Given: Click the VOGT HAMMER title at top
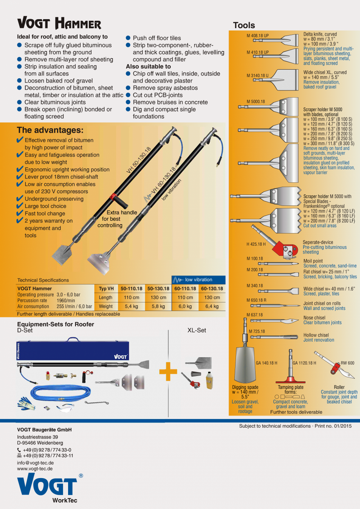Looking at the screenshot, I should point(59,23).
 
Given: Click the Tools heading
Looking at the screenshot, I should point(244,25).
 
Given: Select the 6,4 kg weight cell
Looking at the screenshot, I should point(212,306).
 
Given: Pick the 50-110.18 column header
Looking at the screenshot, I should point(131,289).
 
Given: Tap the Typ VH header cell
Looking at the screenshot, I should point(106,289).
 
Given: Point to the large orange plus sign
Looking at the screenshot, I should point(168,371).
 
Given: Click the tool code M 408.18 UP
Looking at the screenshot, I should point(257,36).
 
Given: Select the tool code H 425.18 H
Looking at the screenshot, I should point(256,244).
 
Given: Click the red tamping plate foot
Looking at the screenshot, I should point(290,380).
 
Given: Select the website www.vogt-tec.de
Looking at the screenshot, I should point(34,468).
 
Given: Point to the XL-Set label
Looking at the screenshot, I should point(196,330).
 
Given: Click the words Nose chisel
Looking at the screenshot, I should point(314,318).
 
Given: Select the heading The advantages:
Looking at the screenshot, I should point(50,130).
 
